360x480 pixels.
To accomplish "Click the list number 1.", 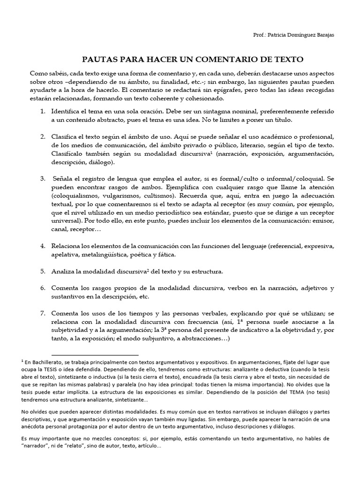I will click(42, 112).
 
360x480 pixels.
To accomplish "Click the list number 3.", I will click(42, 179).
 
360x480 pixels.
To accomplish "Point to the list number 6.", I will click(42, 288).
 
